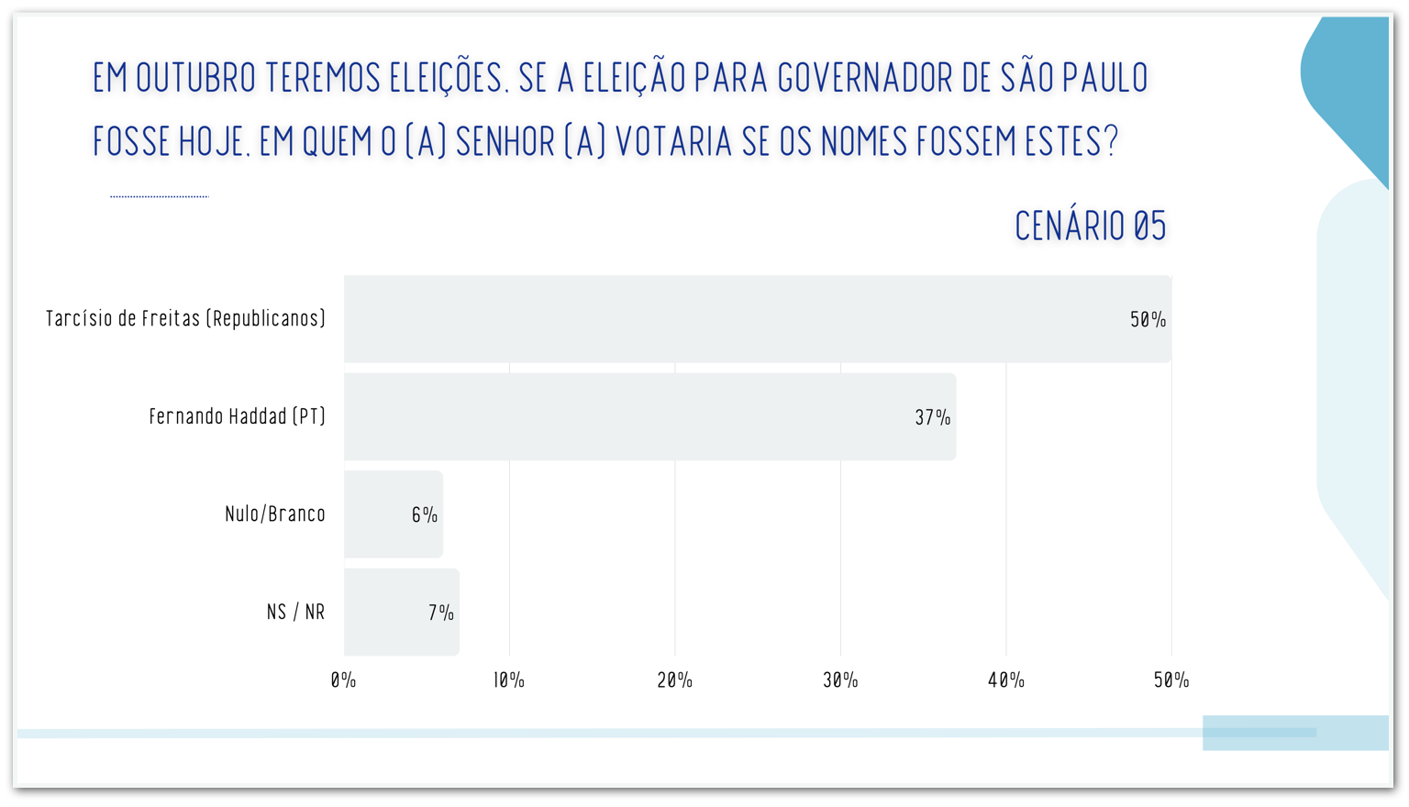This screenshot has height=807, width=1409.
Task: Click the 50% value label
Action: pyautogui.click(x=1148, y=319)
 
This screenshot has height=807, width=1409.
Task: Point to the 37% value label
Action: pyautogui.click(x=932, y=417)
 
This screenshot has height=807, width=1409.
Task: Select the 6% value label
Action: pyautogui.click(x=424, y=515)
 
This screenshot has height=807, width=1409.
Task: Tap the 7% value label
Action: pyautogui.click(x=440, y=613)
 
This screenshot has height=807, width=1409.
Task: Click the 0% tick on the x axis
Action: pyautogui.click(x=343, y=680)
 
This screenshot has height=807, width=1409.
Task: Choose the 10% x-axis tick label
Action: pyautogui.click(x=509, y=680)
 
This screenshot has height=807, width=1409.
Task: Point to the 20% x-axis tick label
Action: pyautogui.click(x=674, y=680)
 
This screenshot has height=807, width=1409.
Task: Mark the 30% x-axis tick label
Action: pyautogui.click(x=840, y=680)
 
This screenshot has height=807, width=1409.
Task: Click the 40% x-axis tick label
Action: pyautogui.click(x=1005, y=680)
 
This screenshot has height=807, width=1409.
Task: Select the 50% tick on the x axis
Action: pyautogui.click(x=1171, y=680)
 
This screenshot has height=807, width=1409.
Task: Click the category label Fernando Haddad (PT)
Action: pyautogui.click(x=238, y=416)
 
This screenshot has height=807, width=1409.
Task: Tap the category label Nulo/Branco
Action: pyautogui.click(x=275, y=514)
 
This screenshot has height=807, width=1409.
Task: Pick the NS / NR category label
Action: pyautogui.click(x=295, y=612)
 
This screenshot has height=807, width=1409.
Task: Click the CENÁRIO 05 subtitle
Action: pyautogui.click(x=1090, y=226)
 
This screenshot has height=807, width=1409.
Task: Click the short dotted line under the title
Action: pyautogui.click(x=160, y=196)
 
